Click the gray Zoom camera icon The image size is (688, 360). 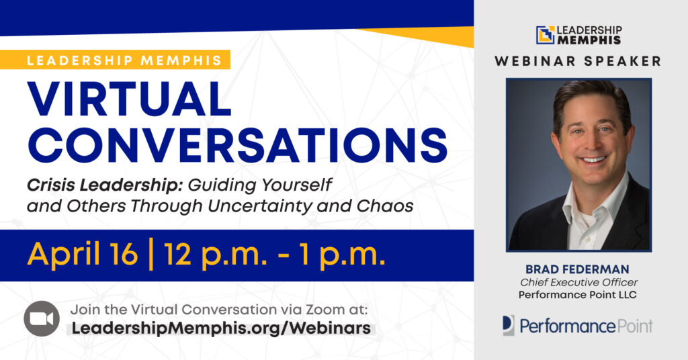42,319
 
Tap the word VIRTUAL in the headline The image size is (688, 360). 130,99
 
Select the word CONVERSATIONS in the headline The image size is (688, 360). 237,145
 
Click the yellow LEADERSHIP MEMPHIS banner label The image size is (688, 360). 115,60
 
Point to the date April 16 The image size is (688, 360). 83,255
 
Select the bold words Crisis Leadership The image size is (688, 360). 104,185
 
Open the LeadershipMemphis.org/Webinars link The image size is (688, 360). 221,328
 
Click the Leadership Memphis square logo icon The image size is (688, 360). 546,35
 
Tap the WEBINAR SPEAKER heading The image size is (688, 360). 578,61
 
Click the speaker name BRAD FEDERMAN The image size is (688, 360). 577,269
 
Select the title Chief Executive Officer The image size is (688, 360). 578,282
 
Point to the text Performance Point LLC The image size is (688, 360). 577,295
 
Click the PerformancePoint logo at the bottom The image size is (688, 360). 577,326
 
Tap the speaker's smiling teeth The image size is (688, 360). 593,159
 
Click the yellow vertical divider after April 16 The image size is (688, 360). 151,255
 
